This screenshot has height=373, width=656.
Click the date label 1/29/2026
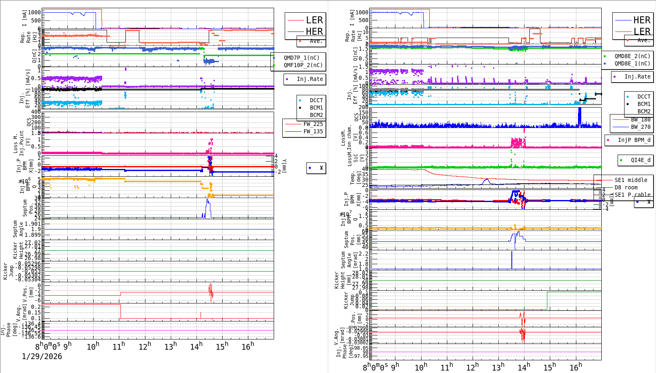point(42,356)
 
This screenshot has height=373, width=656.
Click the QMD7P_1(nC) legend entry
point(301,58)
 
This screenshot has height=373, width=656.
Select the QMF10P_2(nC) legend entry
point(303,65)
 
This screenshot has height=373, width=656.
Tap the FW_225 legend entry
point(312,124)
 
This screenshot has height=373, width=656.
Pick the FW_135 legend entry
point(312,131)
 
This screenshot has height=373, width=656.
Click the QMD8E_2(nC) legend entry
point(632,56)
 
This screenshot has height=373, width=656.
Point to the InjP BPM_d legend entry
point(634,140)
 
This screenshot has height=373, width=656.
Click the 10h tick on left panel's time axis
point(93,347)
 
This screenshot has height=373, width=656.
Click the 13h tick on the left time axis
point(171,347)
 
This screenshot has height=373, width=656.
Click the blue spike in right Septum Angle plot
point(512,259)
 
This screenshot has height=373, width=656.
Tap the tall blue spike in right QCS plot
point(579,117)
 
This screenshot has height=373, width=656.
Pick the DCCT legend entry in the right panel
point(643,97)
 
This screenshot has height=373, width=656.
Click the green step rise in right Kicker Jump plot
point(547,300)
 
